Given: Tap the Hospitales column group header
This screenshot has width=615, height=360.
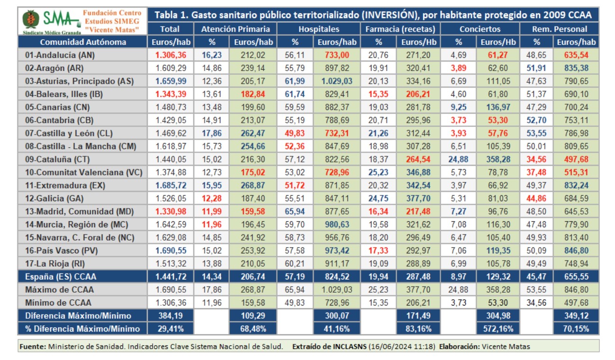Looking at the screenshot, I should [x=319, y=29].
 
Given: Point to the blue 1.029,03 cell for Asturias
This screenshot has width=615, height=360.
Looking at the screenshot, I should [x=337, y=81].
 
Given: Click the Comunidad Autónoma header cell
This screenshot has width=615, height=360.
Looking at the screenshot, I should [x=83, y=42].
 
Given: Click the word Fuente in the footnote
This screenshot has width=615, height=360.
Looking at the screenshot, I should [x=33, y=346].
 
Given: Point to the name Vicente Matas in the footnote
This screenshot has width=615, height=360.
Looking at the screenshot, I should [x=508, y=346].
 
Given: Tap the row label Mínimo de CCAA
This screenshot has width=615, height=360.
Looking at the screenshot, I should [x=58, y=303].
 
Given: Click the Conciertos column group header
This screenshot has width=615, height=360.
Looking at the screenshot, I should [x=479, y=29].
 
